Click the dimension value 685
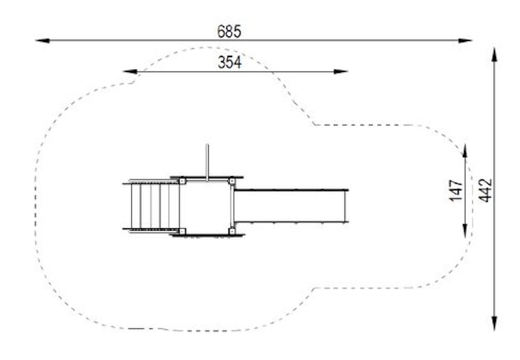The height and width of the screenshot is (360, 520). (x=229, y=31)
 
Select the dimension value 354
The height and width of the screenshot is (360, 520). (x=230, y=62)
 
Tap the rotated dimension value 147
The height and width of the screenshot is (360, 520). (x=456, y=190)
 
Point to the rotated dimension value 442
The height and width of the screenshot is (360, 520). (x=485, y=190)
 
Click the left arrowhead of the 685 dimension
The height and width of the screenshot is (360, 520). (x=42, y=41)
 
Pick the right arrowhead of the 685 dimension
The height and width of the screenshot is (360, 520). (x=465, y=41)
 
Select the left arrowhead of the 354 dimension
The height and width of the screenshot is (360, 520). (x=129, y=71)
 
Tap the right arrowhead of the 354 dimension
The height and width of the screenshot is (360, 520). (x=341, y=71)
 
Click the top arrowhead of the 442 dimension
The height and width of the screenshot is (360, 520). (x=495, y=55)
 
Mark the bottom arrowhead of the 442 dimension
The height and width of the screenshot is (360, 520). (x=495, y=324)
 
